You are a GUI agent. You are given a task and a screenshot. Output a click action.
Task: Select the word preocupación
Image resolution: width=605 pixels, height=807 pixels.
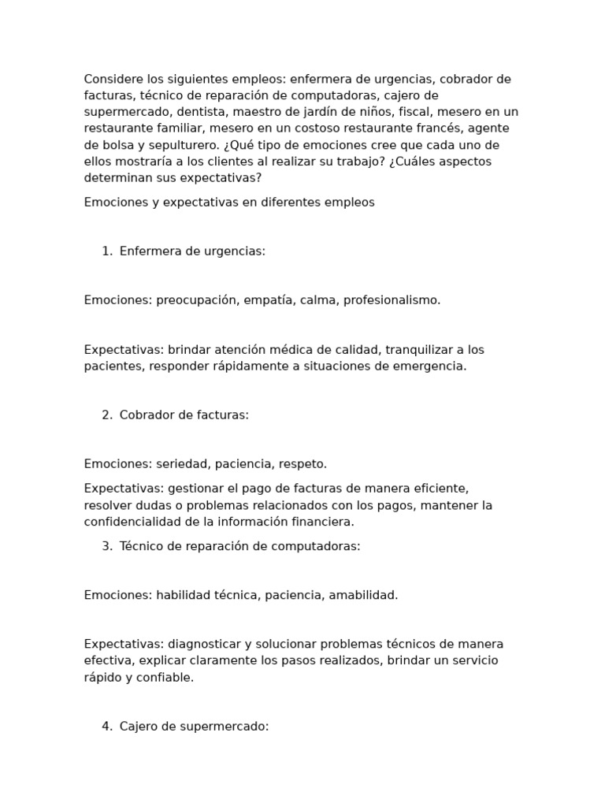tap(196, 300)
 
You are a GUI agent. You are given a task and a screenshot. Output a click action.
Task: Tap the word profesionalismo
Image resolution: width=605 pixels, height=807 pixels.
tap(392, 300)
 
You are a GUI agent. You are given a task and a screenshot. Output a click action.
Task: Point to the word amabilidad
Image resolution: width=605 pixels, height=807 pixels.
tap(363, 595)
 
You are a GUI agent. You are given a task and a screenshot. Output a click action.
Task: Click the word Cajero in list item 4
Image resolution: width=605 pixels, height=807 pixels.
tap(138, 726)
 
